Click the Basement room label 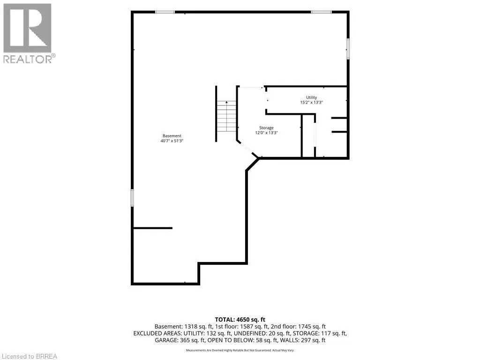(172, 135)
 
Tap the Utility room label (311, 97)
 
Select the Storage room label (266, 127)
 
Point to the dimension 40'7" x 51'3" (172, 141)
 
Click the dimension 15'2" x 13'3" (311, 103)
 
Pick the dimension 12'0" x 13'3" (266, 133)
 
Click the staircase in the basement (226, 116)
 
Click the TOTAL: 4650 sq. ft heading (240, 320)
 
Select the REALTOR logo (29, 33)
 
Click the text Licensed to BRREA (29, 356)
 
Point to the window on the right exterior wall (348, 48)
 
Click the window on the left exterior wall (132, 197)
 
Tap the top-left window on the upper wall (165, 12)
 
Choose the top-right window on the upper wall (321, 12)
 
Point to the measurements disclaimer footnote (240, 350)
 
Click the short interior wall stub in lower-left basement (153, 228)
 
